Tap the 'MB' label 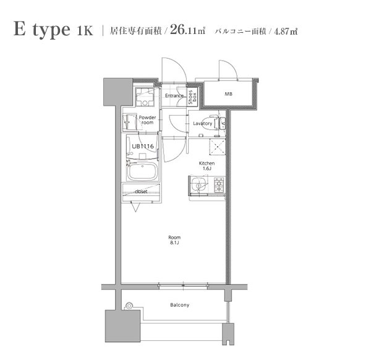click(x=228, y=94)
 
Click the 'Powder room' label click(x=147, y=120)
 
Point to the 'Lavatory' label click(x=202, y=124)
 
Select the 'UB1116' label click(x=142, y=146)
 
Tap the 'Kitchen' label click(x=206, y=164)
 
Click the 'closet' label click(x=142, y=192)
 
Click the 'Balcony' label click(x=179, y=305)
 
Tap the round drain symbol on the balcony click(x=129, y=305)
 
